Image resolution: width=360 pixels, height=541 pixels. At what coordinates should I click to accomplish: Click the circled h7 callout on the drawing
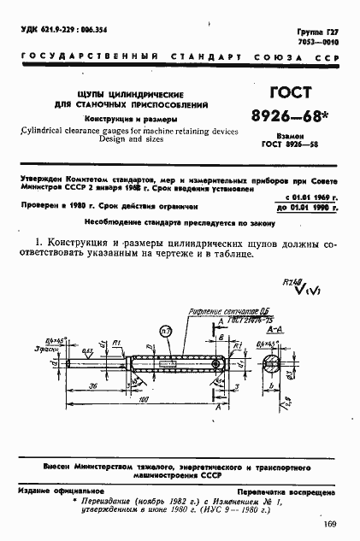coord(166,330)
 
